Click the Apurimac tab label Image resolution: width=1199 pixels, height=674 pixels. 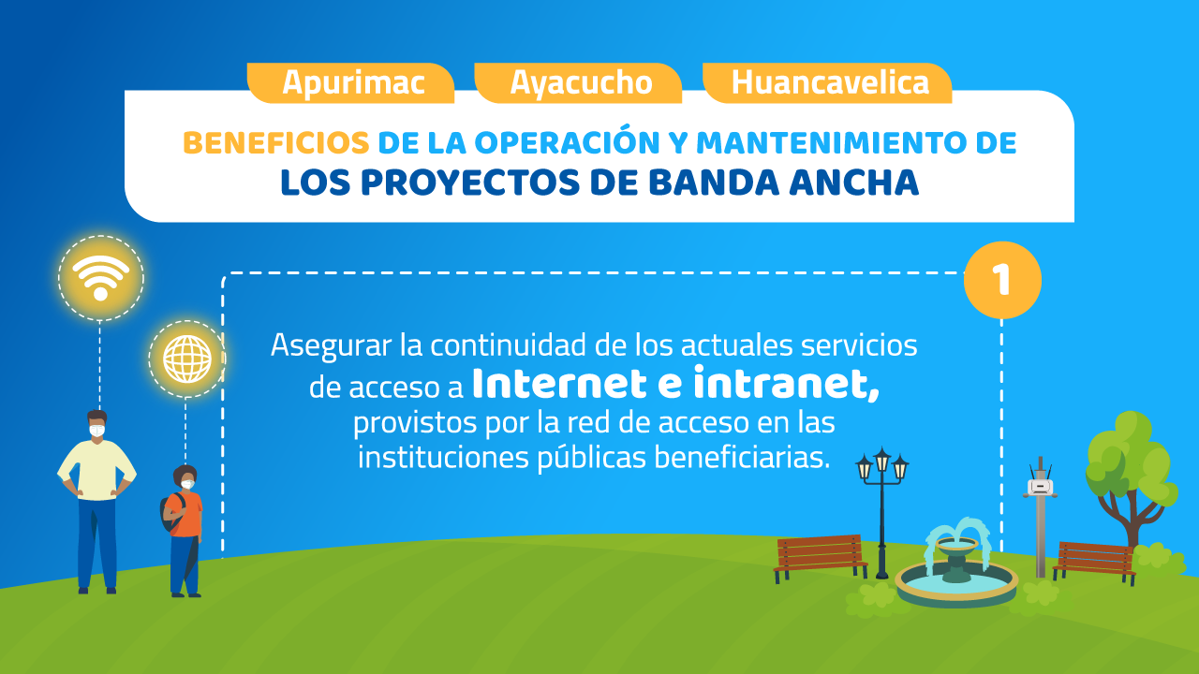pos(353,83)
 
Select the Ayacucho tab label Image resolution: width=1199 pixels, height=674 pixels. pos(582,83)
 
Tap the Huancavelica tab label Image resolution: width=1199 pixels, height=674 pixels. pos(830,82)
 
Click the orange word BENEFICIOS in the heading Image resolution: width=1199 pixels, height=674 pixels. pos(276,143)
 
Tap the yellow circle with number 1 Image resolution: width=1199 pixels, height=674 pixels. pos(1002,280)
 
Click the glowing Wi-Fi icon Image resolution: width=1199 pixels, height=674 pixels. pos(100,278)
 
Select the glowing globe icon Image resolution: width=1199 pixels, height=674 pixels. pos(187,359)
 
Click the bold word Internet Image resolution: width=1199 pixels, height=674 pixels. pos(560,384)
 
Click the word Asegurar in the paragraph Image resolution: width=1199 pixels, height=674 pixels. pos(331,346)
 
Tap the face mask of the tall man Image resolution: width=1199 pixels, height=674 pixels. pos(96,431)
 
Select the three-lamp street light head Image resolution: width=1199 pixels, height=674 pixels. pos(882,464)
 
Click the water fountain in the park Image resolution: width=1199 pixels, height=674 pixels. pos(956,564)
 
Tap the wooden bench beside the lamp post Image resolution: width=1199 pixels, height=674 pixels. pos(820,557)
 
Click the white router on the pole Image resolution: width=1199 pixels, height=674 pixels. pos(1041,487)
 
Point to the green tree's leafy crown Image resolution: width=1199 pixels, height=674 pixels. pos(1131,460)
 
